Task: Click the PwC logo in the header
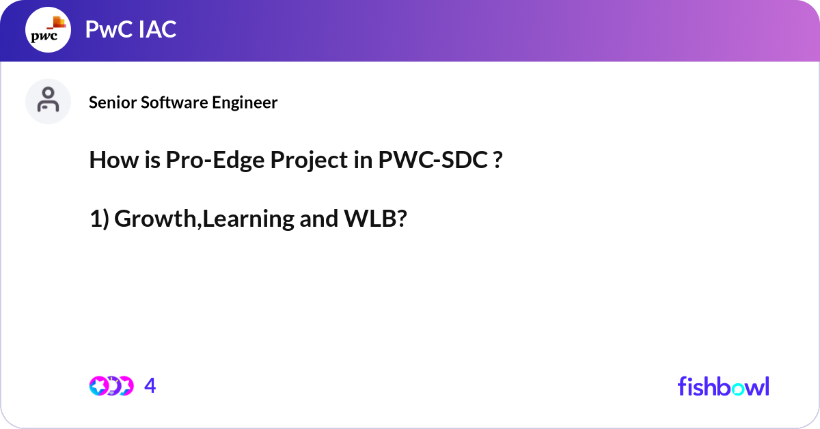(48, 31)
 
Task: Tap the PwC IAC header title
(131, 29)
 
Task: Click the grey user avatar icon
(48, 101)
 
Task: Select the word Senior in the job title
(110, 102)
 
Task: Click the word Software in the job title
(171, 102)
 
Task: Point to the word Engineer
(244, 102)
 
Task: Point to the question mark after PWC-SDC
(498, 161)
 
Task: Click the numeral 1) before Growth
(99, 219)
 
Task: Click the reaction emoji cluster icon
(110, 386)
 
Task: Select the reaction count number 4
(150, 386)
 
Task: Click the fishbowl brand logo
(723, 386)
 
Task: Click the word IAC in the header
(156, 29)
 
